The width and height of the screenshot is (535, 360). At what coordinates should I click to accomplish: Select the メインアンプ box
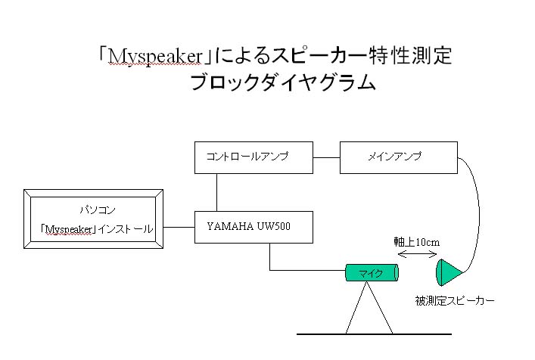pyautogui.click(x=398, y=157)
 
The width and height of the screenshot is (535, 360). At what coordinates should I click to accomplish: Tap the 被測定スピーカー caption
pyautogui.click(x=455, y=301)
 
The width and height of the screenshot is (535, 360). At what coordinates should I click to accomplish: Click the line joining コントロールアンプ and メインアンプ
pyautogui.click(x=326, y=157)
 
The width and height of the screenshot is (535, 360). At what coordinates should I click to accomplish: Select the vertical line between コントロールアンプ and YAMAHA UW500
pyautogui.click(x=217, y=192)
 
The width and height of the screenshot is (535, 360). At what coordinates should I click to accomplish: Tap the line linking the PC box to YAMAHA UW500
pyautogui.click(x=179, y=225)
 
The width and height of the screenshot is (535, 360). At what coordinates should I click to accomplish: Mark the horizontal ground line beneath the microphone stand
pyautogui.click(x=374, y=334)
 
